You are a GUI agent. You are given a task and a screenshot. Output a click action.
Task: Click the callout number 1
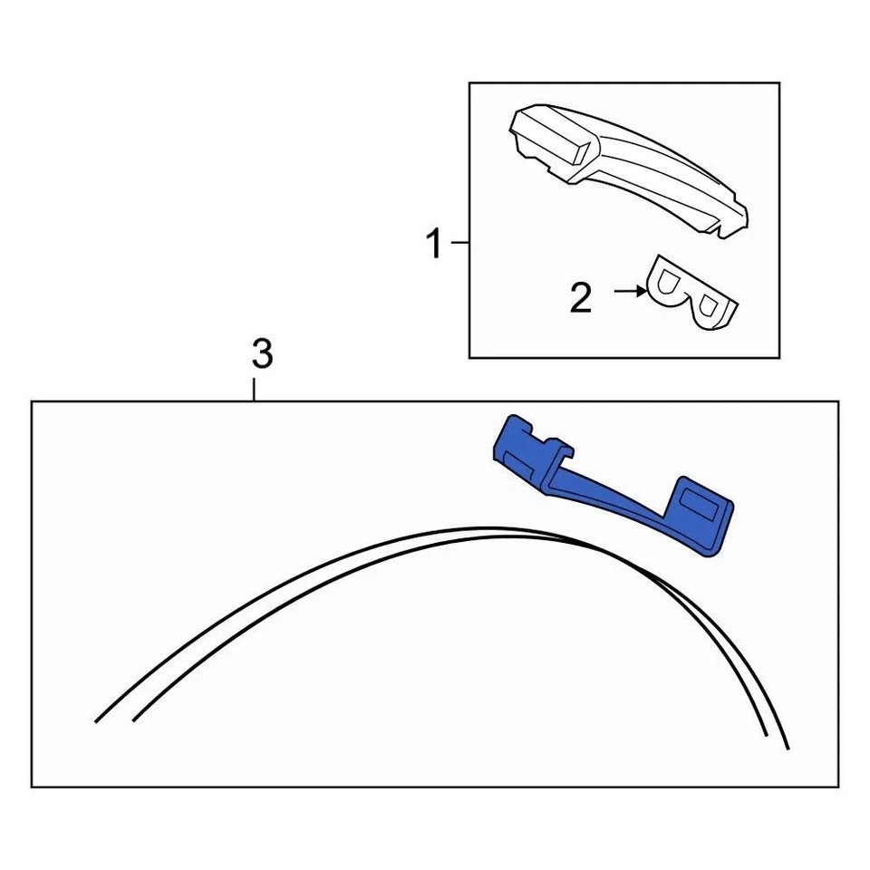[x=435, y=244]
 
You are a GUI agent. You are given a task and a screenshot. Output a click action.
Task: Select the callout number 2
[x=581, y=297]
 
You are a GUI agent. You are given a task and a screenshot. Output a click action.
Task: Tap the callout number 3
[x=261, y=354]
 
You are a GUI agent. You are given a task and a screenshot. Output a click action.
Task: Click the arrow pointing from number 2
[x=629, y=291]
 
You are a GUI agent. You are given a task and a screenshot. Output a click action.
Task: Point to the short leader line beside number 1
[x=459, y=243]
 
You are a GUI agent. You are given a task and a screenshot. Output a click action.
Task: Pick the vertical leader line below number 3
[x=255, y=390]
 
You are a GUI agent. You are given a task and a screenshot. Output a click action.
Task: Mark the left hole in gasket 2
[x=669, y=284]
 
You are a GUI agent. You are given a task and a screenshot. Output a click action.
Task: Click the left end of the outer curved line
[x=96, y=721]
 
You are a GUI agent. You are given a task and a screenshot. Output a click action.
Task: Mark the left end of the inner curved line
[x=134, y=721]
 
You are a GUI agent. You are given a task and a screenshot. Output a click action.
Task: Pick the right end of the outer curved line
[x=787, y=749]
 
